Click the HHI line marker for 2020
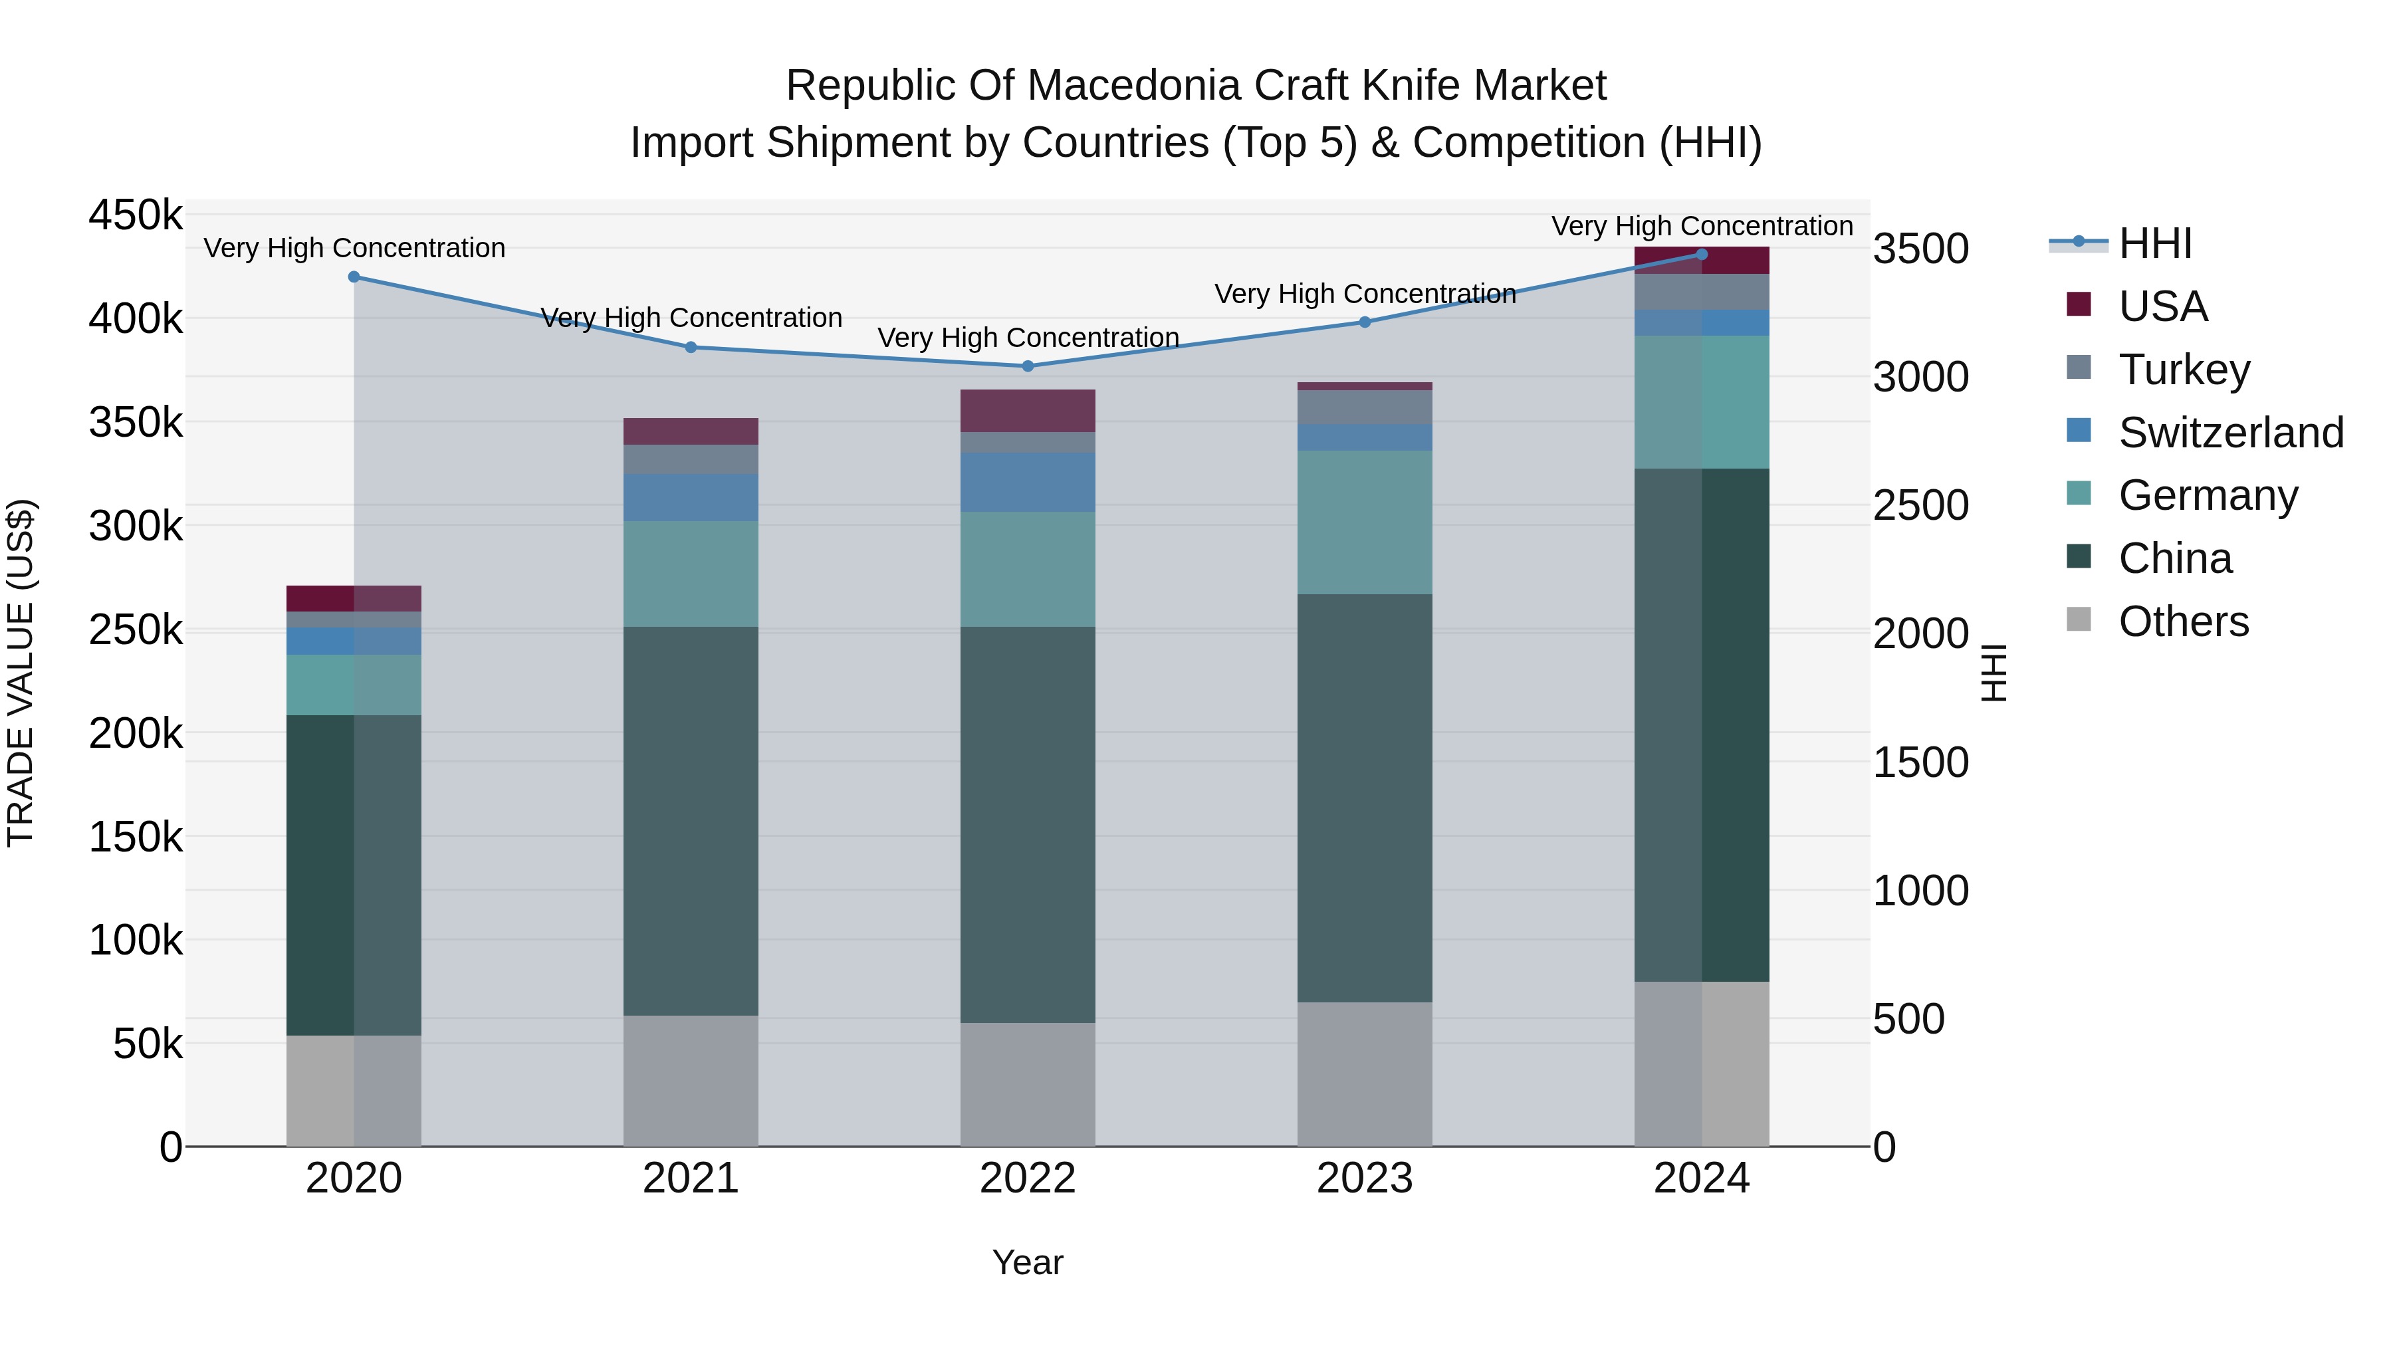pos(354,277)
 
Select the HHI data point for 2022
pos(1028,366)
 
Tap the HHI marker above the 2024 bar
pos(1702,254)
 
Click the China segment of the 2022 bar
pos(1028,825)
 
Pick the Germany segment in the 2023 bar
pos(1365,522)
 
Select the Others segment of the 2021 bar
pos(690,1080)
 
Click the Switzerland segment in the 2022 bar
pos(1028,482)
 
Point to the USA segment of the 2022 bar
pos(1028,411)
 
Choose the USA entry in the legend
pos(2162,306)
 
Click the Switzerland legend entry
pos(2230,433)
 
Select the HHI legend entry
pos(2155,243)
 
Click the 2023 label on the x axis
pos(1365,1178)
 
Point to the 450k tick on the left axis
pos(136,215)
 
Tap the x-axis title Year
pos(1028,1262)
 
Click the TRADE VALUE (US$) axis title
pos(21,673)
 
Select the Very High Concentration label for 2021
pos(691,318)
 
